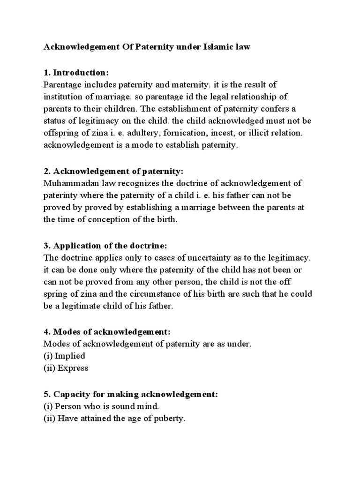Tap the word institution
tap(62, 97)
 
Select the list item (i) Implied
tap(64, 356)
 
